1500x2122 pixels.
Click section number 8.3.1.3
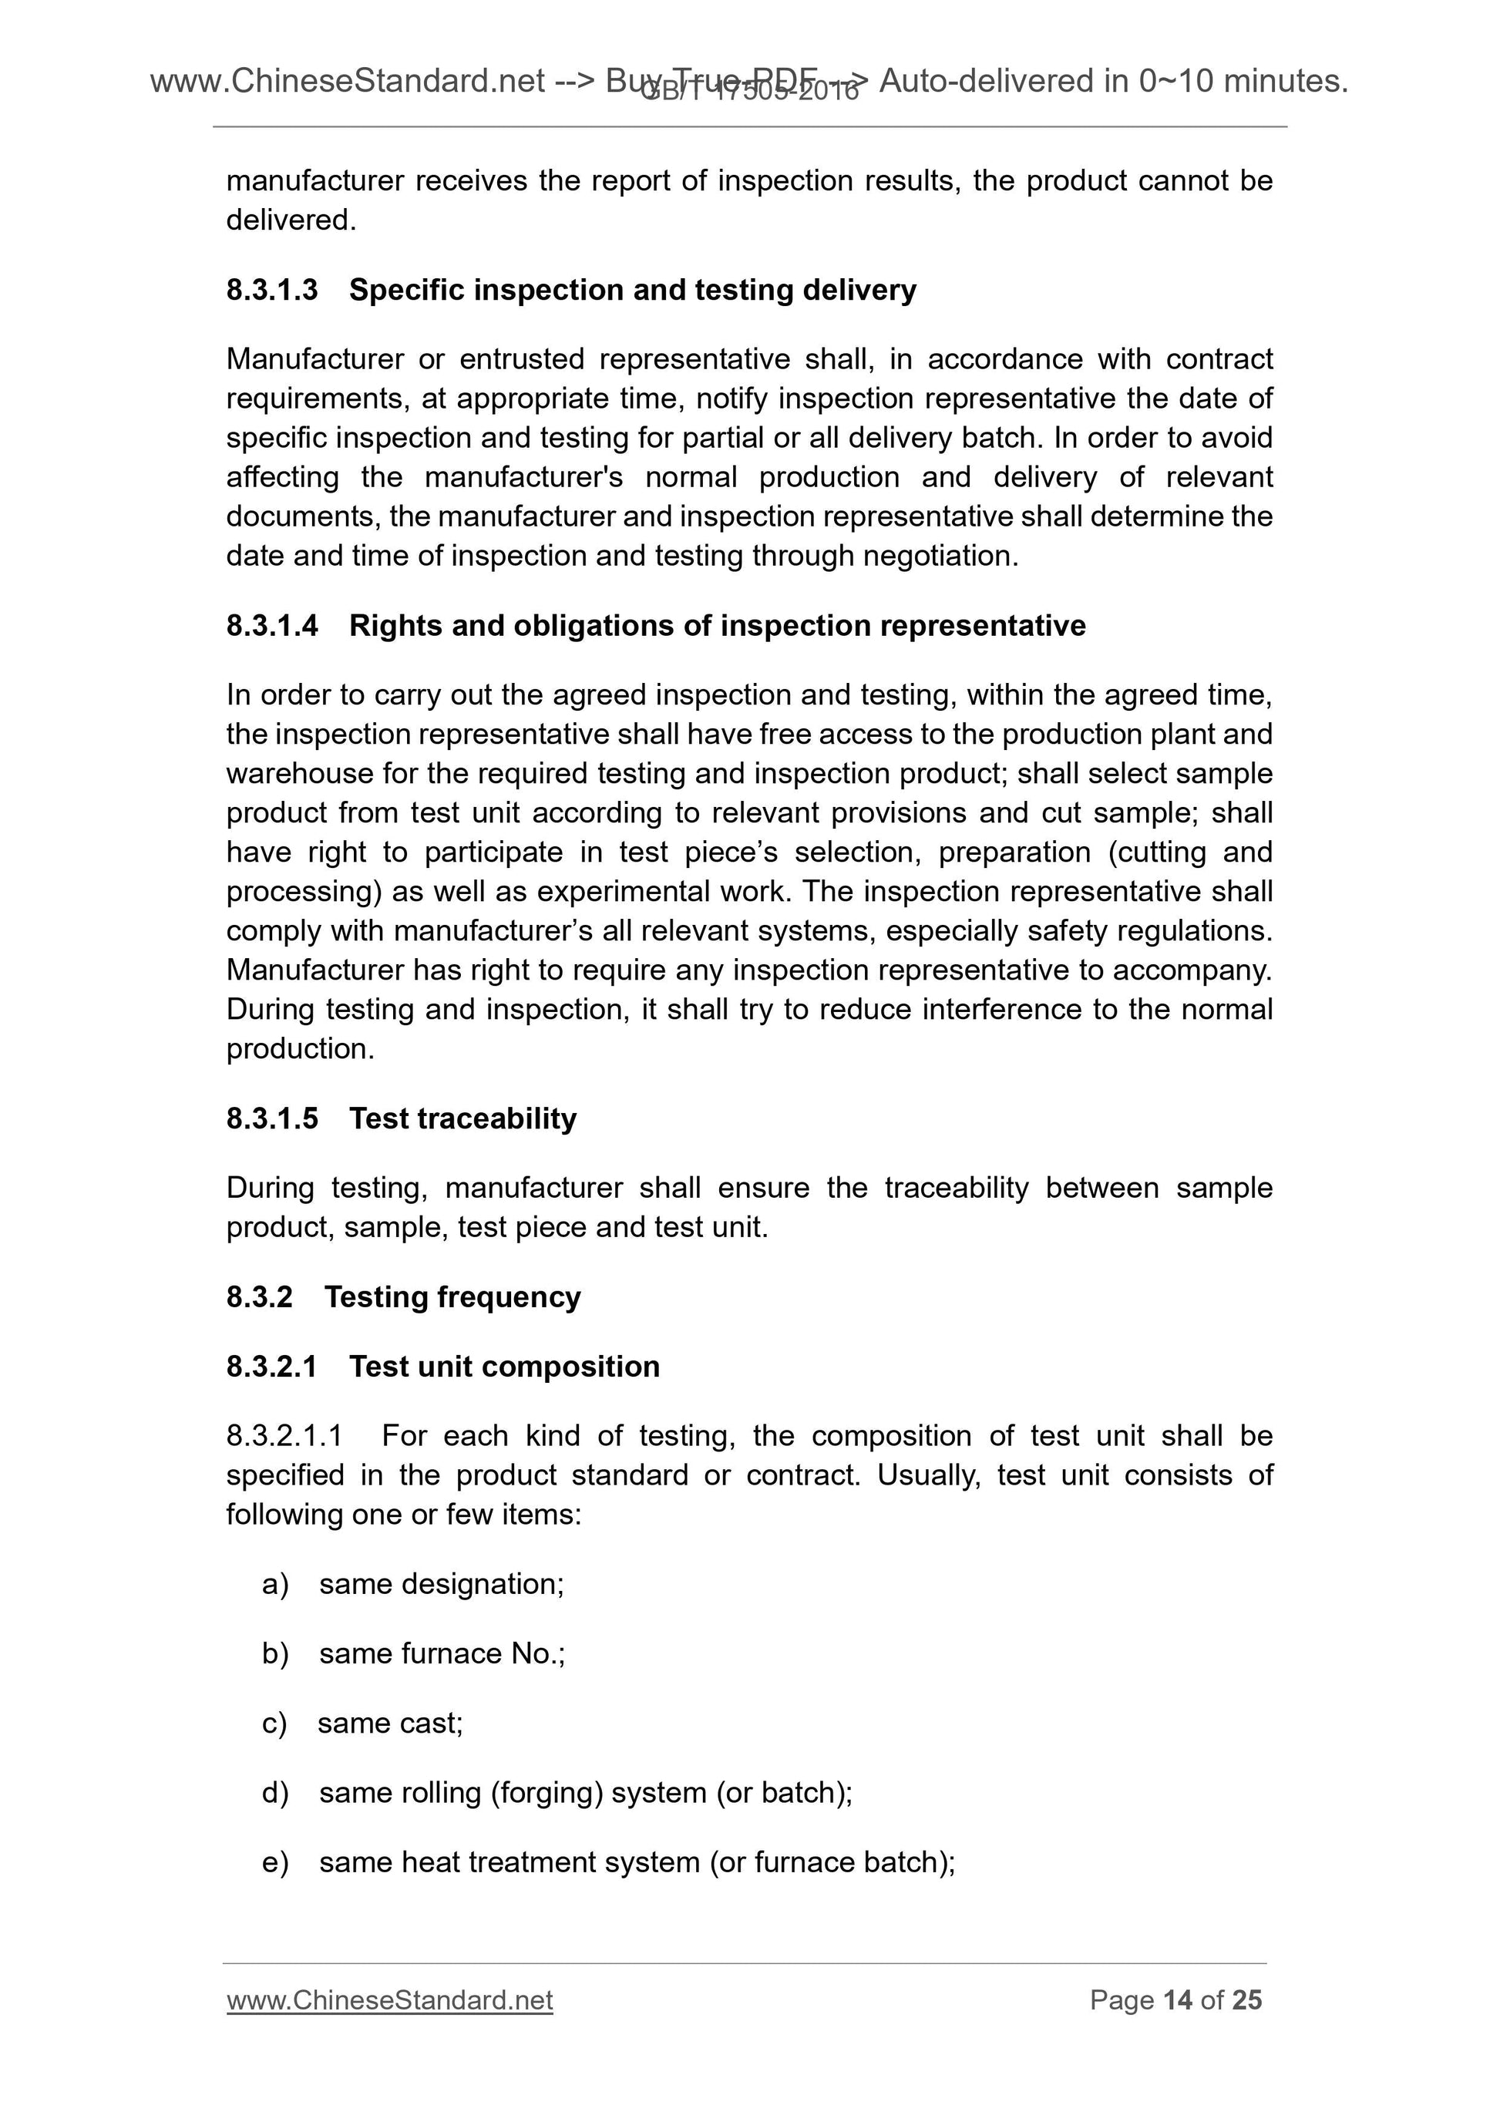272,290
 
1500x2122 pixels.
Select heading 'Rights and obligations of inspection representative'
717,626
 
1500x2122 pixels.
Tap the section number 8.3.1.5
272,1118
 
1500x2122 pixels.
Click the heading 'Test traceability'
462,1118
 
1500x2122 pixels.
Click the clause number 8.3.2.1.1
284,1435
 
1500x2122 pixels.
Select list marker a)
275,1584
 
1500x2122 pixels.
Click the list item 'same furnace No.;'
442,1653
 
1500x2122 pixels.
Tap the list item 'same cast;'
390,1723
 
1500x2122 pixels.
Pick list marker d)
275,1792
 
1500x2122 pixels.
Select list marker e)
275,1861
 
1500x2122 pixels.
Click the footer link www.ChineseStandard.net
389,2000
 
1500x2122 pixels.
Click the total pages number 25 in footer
1246,2000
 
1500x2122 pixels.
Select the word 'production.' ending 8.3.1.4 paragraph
301,1049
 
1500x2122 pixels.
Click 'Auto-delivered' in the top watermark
986,82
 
